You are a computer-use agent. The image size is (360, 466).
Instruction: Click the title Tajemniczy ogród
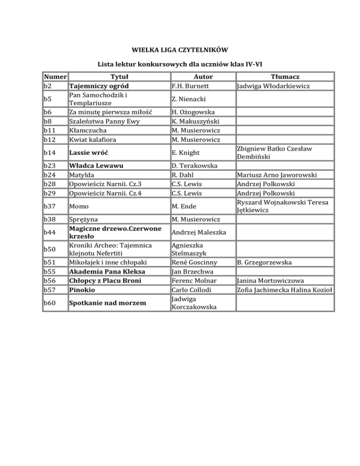pyautogui.click(x=98, y=86)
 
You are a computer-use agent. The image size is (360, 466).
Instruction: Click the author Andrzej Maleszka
pyautogui.click(x=199, y=232)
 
